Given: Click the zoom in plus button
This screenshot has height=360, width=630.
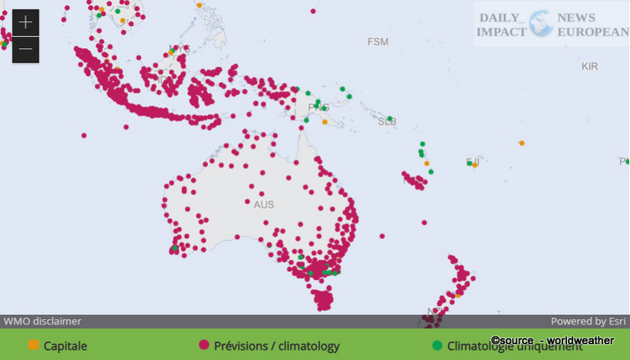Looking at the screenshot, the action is [x=25, y=21].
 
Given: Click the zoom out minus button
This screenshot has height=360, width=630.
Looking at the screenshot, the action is [x=25, y=50].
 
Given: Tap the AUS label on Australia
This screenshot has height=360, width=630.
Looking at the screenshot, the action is [x=264, y=205].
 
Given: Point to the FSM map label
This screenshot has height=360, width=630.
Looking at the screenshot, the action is [x=378, y=41].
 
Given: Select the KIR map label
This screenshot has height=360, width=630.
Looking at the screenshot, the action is [x=590, y=67].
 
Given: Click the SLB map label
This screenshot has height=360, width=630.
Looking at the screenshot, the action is [x=387, y=122].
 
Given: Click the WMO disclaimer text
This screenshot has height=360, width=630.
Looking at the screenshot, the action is [x=43, y=321].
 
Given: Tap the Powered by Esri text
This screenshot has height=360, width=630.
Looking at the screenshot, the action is [x=588, y=321].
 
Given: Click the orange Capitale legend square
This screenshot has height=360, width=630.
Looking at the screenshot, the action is [x=33, y=345].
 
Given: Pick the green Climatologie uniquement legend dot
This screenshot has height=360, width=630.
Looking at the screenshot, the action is [x=437, y=345].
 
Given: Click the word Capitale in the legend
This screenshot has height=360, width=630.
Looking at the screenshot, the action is [x=65, y=346].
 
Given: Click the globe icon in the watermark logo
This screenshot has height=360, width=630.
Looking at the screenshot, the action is [x=541, y=24].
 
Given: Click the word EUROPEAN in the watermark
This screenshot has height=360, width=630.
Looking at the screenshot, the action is [x=591, y=32].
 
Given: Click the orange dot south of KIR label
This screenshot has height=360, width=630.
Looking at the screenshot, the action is [x=521, y=143].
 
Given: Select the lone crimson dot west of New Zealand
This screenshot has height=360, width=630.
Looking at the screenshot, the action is [x=383, y=236].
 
